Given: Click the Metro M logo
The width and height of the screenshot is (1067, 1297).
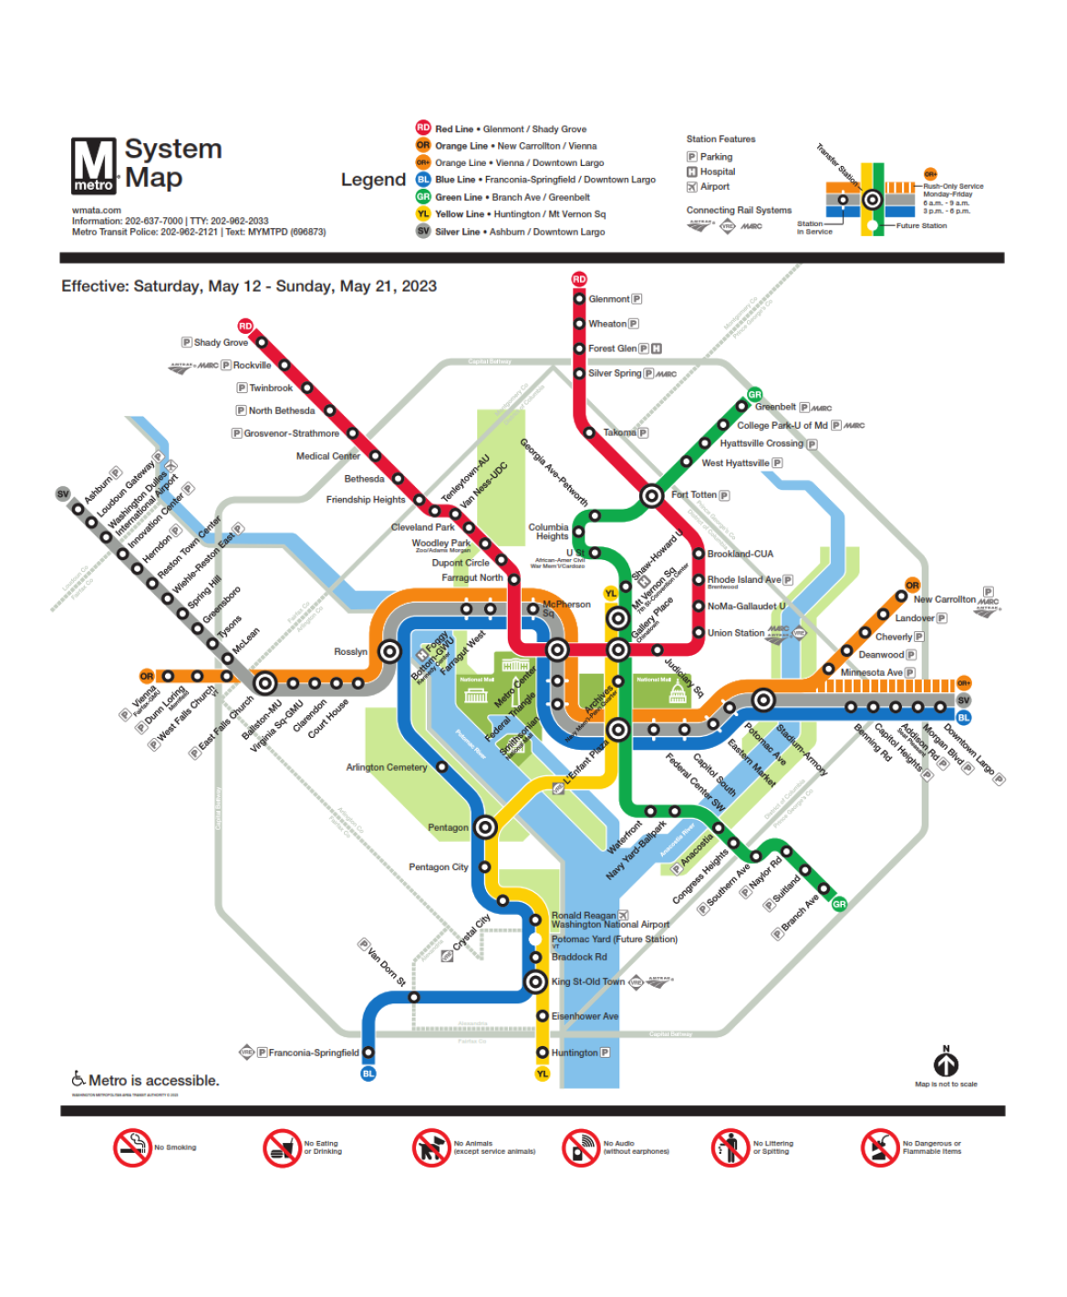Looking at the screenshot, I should (94, 165).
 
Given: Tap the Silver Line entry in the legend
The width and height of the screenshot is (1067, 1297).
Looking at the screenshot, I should (519, 232).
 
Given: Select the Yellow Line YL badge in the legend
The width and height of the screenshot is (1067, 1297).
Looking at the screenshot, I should (423, 213).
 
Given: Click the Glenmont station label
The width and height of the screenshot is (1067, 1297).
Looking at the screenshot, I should (608, 299).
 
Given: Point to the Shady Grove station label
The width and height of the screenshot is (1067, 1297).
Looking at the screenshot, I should (221, 343).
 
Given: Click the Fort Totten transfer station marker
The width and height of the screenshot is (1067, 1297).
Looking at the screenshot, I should (651, 495).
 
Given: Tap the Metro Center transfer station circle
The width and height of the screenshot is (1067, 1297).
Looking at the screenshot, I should (557, 649).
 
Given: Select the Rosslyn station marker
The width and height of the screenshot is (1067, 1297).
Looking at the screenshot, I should (389, 651).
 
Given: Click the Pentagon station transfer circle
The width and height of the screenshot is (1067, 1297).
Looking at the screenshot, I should (485, 827).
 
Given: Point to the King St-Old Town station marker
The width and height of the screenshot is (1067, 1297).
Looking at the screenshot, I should (536, 981).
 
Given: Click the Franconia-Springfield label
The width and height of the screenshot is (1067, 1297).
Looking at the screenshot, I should (314, 1053).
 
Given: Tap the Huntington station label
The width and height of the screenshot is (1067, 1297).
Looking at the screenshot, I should (575, 1053).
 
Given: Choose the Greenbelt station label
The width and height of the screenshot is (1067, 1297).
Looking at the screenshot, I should (775, 407).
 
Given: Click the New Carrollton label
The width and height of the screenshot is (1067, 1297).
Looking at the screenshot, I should (945, 599).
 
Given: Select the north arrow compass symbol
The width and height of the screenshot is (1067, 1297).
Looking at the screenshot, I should (946, 1064).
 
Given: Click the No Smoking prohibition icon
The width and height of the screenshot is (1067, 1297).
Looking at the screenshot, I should (132, 1147).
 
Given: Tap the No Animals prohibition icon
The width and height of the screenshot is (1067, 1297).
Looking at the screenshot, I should (430, 1147).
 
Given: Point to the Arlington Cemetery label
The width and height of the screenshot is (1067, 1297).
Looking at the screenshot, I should (387, 767).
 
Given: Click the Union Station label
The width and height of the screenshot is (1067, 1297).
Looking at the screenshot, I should (736, 633).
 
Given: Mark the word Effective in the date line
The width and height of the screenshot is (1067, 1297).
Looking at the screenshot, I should (95, 286).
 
